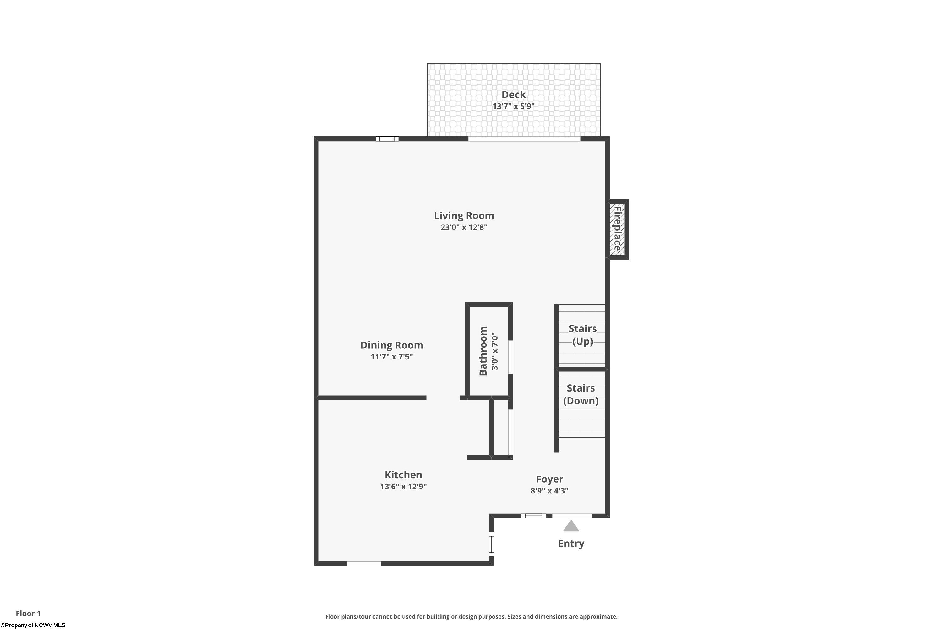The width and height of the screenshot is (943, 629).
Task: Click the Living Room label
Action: [464, 216]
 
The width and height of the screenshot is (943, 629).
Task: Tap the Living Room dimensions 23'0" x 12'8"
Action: [464, 227]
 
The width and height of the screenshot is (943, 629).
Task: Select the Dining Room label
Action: [392, 345]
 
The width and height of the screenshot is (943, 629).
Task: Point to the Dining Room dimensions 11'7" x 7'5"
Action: [392, 357]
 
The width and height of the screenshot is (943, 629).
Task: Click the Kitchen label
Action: [403, 475]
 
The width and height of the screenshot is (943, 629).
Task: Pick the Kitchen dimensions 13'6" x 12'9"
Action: [403, 487]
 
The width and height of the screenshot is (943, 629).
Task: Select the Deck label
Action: [514, 95]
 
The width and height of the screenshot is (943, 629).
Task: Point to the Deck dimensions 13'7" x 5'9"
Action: [514, 106]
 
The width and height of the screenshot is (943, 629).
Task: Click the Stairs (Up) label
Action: [582, 335]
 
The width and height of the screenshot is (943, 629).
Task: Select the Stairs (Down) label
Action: [581, 394]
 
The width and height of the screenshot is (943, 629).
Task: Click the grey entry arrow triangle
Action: [571, 526]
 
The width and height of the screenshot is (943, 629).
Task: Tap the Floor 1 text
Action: [28, 613]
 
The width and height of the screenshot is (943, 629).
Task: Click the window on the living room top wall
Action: [387, 139]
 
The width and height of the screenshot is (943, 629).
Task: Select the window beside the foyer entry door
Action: [534, 515]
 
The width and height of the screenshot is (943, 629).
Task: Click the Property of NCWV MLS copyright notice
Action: [33, 625]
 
